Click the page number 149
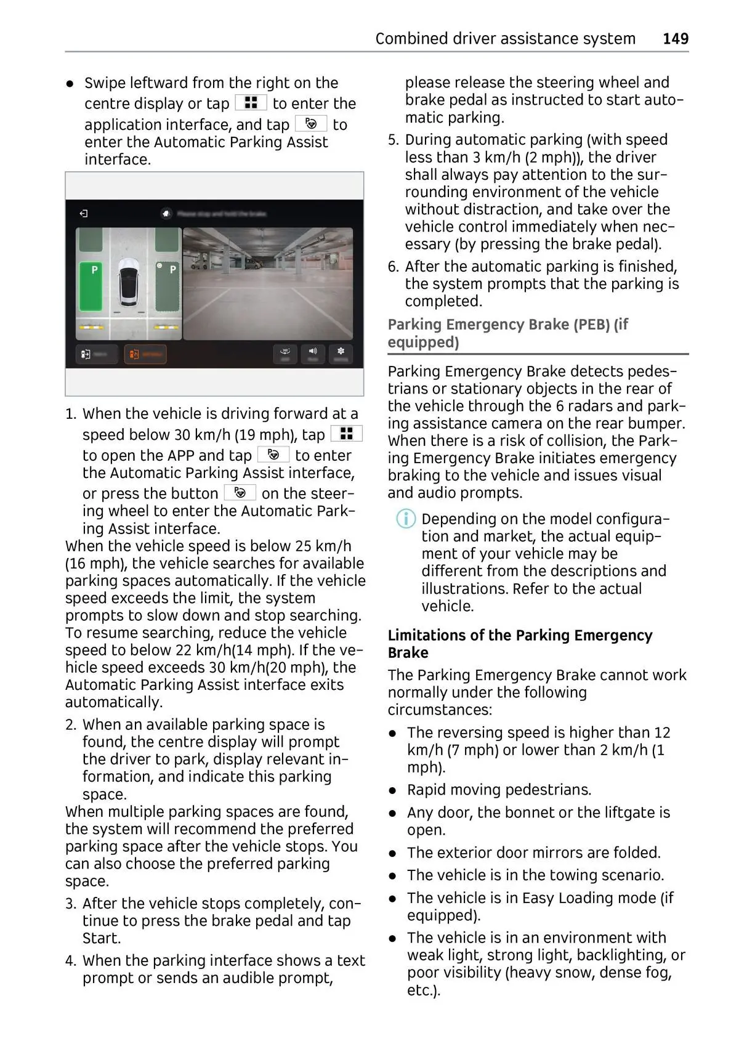pos(675,39)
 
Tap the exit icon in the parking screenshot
pos(84,214)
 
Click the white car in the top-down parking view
pos(129,281)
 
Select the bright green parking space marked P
pos(91,286)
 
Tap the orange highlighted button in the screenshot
pos(145,354)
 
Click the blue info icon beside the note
pos(405,519)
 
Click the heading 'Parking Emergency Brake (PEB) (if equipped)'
pos(507,333)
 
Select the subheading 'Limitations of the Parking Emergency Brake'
pos(520,644)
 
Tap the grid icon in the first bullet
pos(251,103)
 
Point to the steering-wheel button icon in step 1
pos(240,493)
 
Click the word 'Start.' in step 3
pos(102,938)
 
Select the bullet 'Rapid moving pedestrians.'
pos(499,790)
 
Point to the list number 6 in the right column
pos(393,267)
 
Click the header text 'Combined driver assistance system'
pos(505,39)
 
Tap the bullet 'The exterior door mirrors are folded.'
pos(533,853)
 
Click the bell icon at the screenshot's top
pos(166,213)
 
